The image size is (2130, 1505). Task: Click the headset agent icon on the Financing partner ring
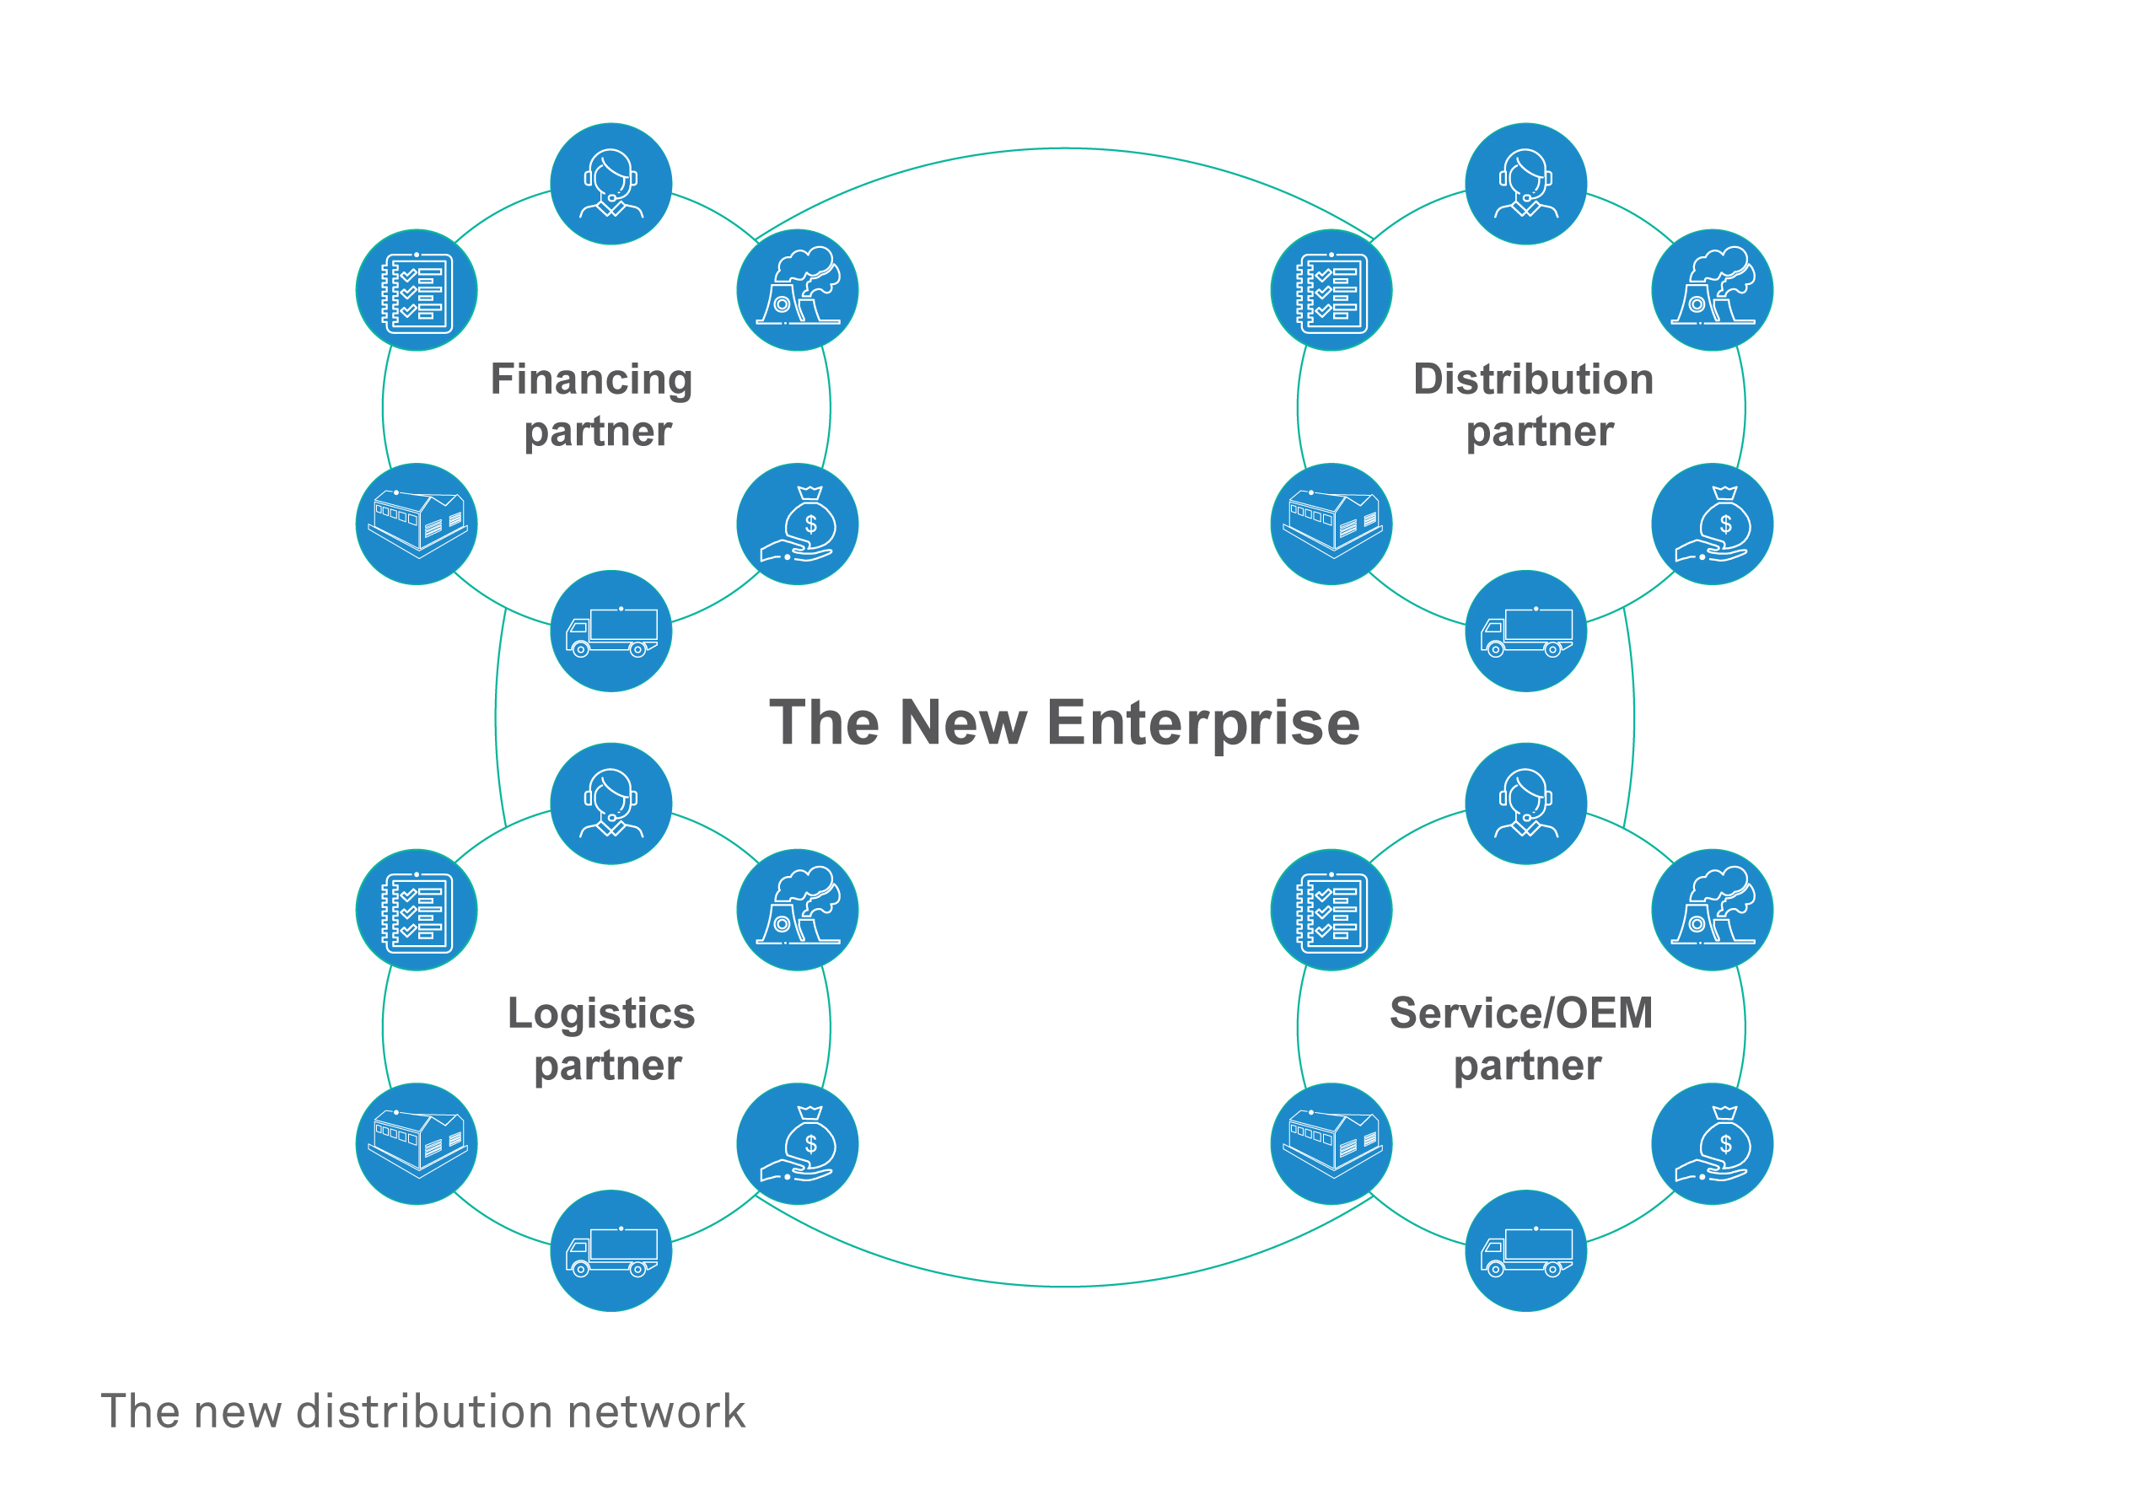[611, 184]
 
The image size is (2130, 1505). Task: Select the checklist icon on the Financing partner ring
[417, 290]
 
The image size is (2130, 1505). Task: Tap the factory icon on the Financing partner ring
[797, 290]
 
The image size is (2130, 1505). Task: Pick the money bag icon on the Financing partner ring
[797, 524]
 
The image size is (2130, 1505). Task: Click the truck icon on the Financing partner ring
[611, 631]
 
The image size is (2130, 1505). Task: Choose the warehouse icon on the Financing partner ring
[417, 524]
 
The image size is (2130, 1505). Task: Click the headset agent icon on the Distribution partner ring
[1526, 184]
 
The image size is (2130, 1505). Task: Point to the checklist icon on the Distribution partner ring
[1331, 290]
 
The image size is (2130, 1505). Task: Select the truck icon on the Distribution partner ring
[1526, 631]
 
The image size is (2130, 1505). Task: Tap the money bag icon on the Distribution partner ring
[1713, 524]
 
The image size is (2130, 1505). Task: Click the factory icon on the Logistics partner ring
[797, 911]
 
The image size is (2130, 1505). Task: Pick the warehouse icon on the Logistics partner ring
[417, 1144]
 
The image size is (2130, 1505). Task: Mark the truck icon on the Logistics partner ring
[611, 1250]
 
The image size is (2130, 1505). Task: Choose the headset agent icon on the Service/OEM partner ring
[1526, 804]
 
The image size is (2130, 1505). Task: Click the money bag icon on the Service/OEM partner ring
[1713, 1144]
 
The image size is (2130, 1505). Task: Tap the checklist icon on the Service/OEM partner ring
[1331, 911]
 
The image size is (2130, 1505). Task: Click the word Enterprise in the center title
[1203, 723]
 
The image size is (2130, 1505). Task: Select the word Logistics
[601, 1013]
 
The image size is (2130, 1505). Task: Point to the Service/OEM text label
[1521, 1013]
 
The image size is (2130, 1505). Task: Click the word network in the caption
[656, 1411]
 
